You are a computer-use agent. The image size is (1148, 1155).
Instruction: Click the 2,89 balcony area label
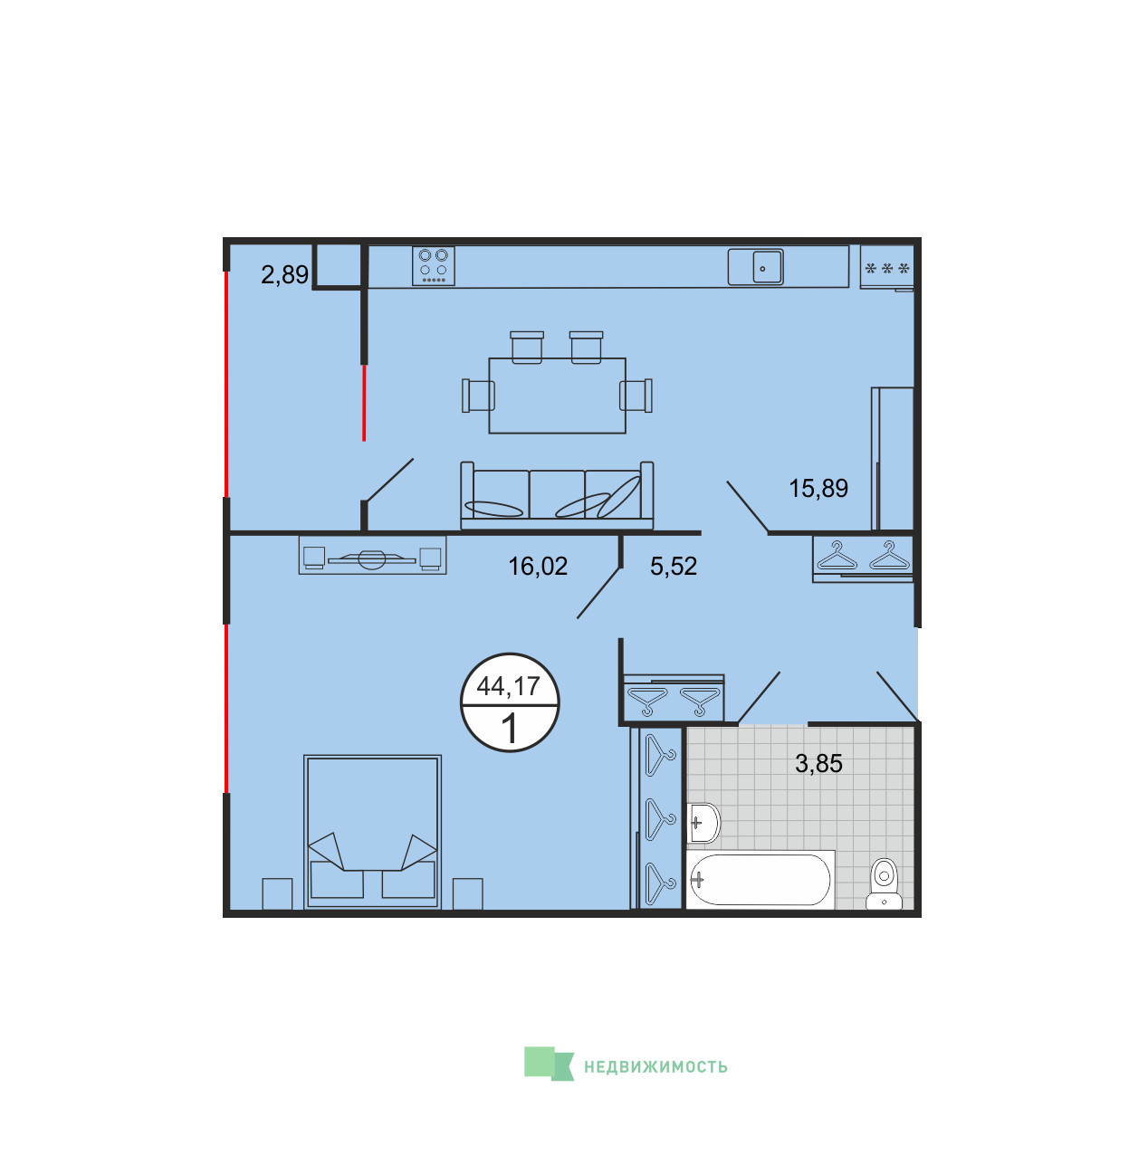pos(284,274)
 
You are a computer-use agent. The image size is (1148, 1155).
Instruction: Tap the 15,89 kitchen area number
pos(818,488)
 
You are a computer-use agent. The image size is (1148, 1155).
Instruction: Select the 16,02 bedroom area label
pos(538,566)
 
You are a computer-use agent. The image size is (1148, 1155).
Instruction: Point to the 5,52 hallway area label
pos(674,566)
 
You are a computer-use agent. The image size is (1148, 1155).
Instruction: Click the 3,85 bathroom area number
pos(818,764)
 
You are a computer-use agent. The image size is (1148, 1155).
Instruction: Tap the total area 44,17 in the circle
pos(509,686)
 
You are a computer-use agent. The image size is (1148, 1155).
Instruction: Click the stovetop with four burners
pos(433,265)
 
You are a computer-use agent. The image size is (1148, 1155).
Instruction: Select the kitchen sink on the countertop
pos(755,267)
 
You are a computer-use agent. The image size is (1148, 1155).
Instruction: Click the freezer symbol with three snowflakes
pos(886,267)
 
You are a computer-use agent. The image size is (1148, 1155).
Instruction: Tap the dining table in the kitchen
pos(557,396)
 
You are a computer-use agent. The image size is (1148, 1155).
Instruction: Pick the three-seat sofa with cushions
pos(557,495)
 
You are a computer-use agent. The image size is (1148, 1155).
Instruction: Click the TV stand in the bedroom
pos(372,555)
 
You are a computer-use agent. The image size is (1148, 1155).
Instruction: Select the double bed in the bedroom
pos(372,832)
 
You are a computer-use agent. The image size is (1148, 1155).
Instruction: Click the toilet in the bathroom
pos(884,884)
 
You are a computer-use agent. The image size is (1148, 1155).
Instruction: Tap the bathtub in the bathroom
pos(760,879)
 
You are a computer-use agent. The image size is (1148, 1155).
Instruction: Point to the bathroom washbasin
pos(703,823)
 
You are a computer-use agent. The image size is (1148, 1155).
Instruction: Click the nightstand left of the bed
pos(277,893)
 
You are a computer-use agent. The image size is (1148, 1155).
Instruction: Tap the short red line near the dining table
pos(363,403)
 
